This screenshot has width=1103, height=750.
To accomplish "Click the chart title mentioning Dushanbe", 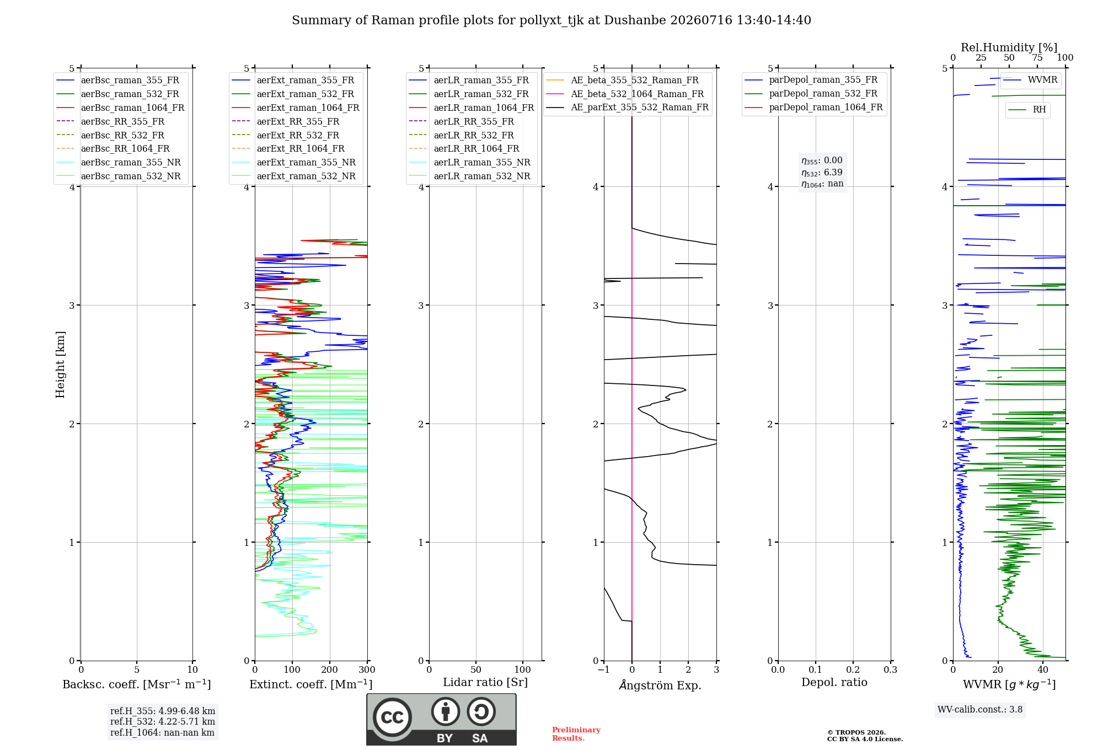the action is click(551, 20).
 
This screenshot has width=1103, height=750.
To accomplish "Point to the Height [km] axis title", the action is click(60, 365).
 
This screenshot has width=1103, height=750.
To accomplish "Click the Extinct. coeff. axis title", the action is click(311, 684).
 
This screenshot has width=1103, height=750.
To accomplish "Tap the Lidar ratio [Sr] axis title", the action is click(485, 682).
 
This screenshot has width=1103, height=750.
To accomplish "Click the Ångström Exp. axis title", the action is click(660, 685).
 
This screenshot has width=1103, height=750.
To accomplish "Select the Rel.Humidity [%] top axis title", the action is click(1009, 47).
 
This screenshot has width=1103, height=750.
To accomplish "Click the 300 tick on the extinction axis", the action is click(367, 669).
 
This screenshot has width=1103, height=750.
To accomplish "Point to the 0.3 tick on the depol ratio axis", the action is click(890, 669).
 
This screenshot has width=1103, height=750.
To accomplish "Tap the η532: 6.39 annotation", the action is click(822, 172).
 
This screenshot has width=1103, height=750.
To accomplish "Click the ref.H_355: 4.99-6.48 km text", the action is click(163, 711).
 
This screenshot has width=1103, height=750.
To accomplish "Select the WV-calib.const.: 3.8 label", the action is click(980, 709).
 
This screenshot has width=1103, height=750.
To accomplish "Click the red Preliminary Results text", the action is click(576, 734).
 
